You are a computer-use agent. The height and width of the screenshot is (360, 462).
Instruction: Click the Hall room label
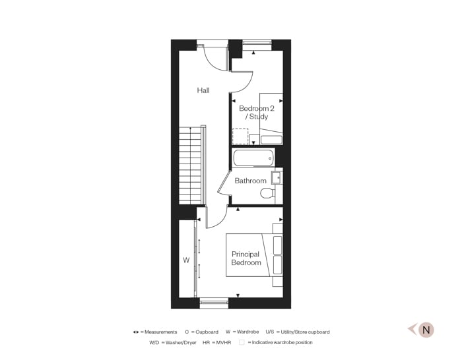pos(203,90)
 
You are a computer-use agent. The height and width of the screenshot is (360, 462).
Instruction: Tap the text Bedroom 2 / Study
pos(256,112)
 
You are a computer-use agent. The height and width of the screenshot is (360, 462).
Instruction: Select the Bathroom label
pos(251,181)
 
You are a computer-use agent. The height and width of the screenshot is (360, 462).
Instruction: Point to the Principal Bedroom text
pos(246,258)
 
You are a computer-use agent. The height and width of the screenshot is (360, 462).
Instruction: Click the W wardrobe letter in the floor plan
pos(186,260)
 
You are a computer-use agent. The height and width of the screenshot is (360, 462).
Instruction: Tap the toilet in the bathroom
pos(268,193)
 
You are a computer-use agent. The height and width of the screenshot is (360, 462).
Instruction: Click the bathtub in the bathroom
pos(253,158)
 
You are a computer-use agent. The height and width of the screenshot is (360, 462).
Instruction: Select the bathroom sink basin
pos(277,177)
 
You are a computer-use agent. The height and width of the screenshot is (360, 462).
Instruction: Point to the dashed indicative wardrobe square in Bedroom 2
pos(240,136)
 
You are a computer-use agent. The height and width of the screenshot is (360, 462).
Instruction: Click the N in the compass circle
pos(426,330)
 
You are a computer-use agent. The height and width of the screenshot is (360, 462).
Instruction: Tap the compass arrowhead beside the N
pos(411,330)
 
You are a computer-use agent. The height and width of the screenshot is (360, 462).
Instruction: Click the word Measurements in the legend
pos(160,332)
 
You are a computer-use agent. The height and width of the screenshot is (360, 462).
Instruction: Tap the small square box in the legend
pos(242,342)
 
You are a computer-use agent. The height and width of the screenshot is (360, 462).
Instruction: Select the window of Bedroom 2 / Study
pos(257,44)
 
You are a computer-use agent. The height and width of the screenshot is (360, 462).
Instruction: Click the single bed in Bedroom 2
pos(271,119)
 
